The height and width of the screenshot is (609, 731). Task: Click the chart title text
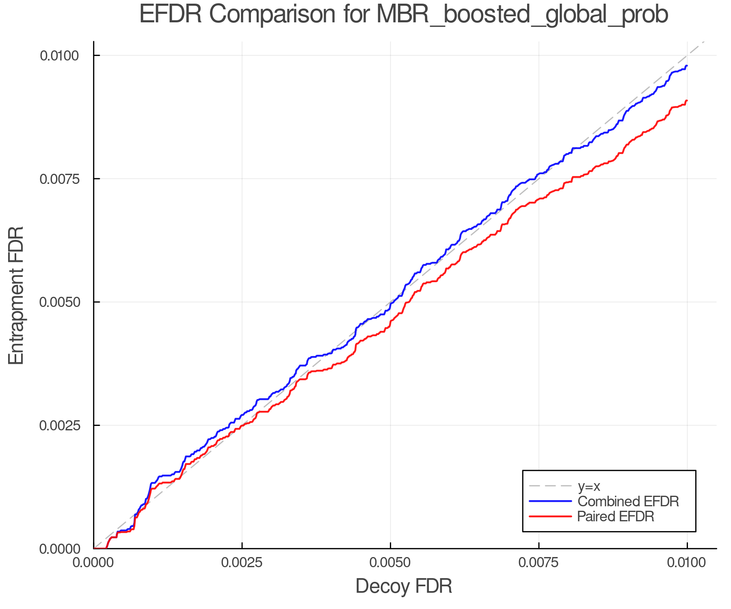click(404, 15)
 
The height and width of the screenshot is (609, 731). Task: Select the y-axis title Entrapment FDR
click(17, 295)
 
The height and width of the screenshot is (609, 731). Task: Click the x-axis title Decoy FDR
click(404, 586)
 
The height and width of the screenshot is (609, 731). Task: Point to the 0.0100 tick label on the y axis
click(59, 56)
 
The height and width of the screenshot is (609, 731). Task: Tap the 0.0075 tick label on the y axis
click(59, 179)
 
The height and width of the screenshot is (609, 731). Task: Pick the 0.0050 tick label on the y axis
click(59, 302)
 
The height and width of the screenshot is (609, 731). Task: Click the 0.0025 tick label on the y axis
click(59, 425)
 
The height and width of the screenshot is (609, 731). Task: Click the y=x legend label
click(589, 486)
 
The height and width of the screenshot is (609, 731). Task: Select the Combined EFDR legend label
click(628, 501)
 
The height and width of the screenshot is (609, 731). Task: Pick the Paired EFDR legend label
click(616, 516)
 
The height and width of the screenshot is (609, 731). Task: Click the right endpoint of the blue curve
click(687, 66)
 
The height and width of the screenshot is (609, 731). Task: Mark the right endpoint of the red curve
click(687, 101)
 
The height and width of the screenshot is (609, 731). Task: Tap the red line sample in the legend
click(550, 516)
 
